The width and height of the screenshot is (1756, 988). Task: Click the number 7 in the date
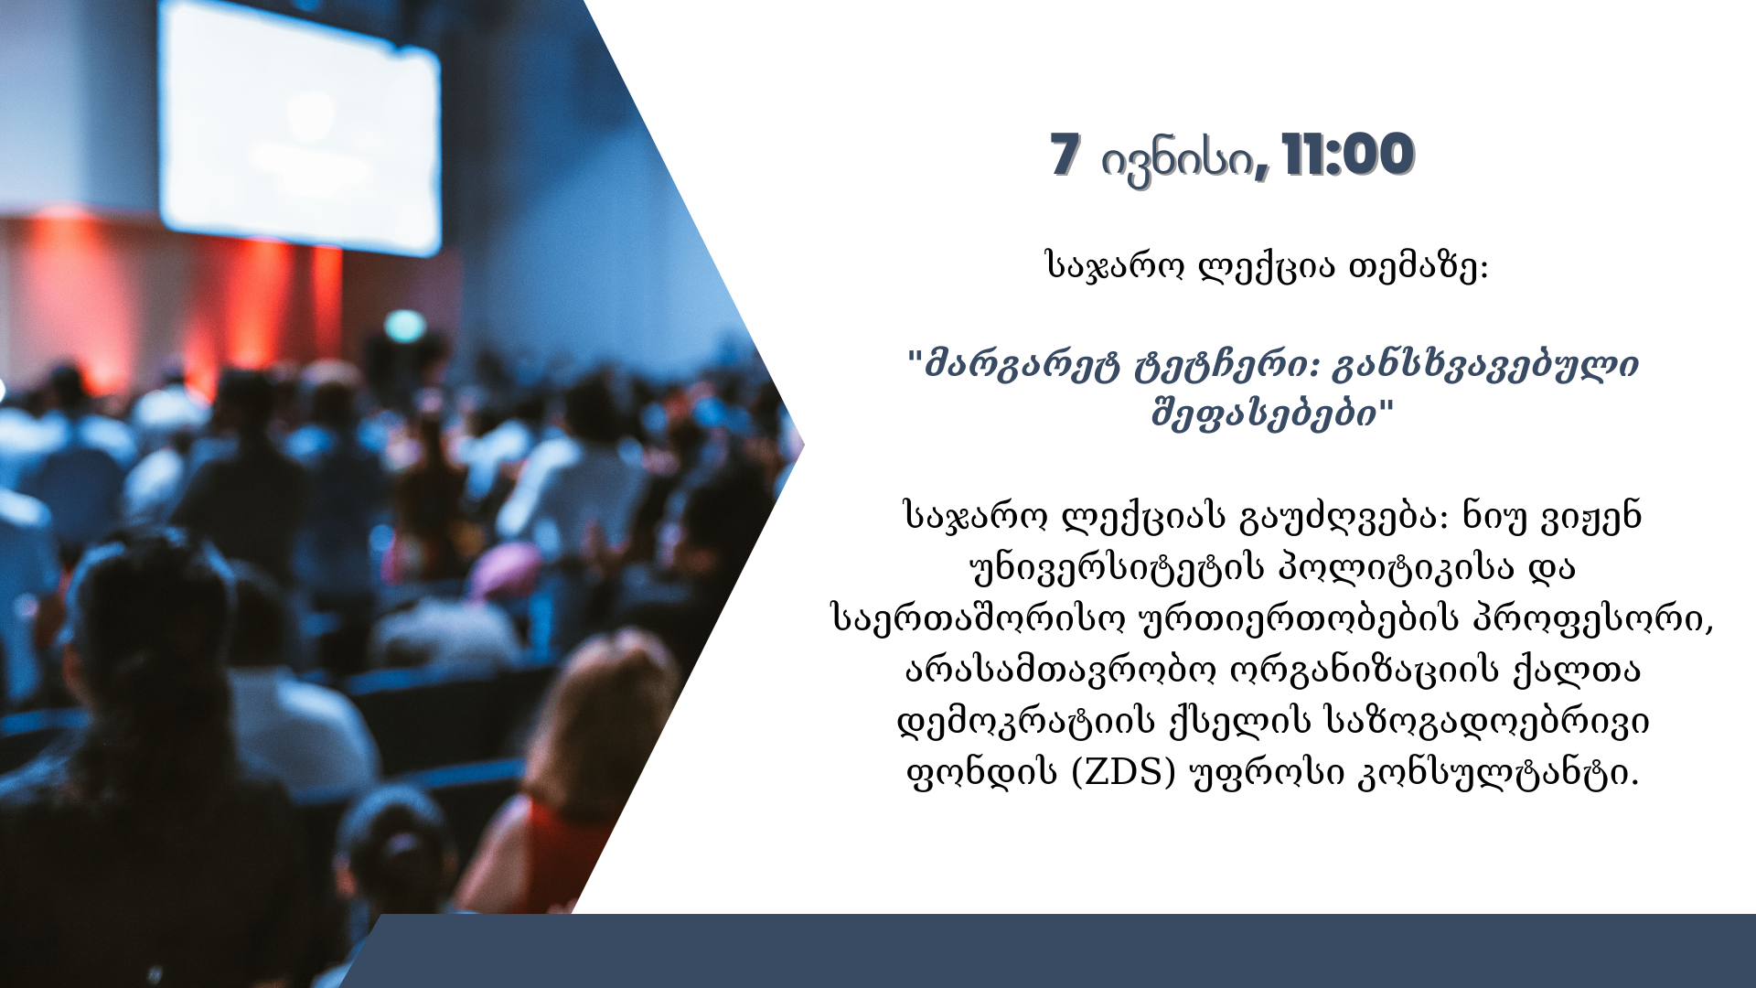[1065, 155]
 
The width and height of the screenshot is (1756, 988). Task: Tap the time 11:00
[1348, 155]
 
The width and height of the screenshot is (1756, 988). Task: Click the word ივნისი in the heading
[1177, 162]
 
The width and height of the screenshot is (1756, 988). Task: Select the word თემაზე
[1419, 267]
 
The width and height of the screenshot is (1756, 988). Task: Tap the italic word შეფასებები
[1264, 414]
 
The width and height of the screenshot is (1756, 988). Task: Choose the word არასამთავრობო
[1061, 671]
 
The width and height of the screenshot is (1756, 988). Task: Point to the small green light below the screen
[404, 325]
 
